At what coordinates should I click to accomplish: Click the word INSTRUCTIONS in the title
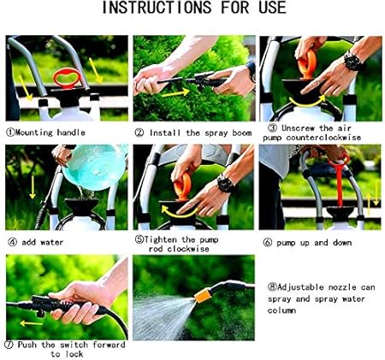pyautogui.click(x=157, y=8)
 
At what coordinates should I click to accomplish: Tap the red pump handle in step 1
pyautogui.click(x=67, y=79)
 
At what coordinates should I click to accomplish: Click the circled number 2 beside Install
pyautogui.click(x=139, y=133)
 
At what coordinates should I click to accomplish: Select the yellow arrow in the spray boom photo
pyautogui.click(x=175, y=92)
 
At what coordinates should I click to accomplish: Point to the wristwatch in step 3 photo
pyautogui.click(x=352, y=61)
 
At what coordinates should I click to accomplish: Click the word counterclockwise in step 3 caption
pyautogui.click(x=323, y=138)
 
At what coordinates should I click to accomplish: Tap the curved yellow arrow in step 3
pyautogui.click(x=307, y=102)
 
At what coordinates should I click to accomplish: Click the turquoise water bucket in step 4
pyautogui.click(x=94, y=168)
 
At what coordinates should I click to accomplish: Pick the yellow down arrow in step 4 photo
pyautogui.click(x=33, y=187)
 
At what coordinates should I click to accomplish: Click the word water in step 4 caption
pyautogui.click(x=51, y=243)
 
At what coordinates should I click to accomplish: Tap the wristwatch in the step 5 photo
pyautogui.click(x=226, y=183)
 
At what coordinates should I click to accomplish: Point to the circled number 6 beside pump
pyautogui.click(x=267, y=243)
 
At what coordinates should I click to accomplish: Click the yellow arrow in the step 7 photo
pyautogui.click(x=32, y=323)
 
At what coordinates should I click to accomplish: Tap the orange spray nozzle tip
pyautogui.click(x=203, y=295)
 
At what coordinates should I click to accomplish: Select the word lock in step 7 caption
pyautogui.click(x=74, y=354)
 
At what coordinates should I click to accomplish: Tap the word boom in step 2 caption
pyautogui.click(x=242, y=133)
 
